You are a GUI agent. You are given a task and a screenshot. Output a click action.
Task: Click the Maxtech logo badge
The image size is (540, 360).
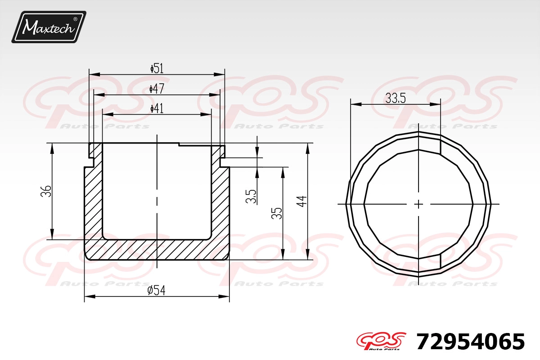click(x=49, y=27)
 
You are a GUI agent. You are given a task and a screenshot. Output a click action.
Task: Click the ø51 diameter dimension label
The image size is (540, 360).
click(x=157, y=68)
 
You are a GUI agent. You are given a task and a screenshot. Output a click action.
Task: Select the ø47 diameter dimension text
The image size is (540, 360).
click(x=157, y=89)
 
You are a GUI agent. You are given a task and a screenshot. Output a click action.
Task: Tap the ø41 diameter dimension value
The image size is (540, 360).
click(x=157, y=108)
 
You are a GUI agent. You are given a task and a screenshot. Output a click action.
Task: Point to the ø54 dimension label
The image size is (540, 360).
click(x=157, y=290)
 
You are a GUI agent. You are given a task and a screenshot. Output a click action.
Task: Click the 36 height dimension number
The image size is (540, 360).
click(x=46, y=191)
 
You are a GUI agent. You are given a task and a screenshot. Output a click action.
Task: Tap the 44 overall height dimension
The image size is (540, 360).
click(x=301, y=201)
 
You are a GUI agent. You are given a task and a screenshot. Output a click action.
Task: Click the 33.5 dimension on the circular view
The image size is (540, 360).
click(x=396, y=99)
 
